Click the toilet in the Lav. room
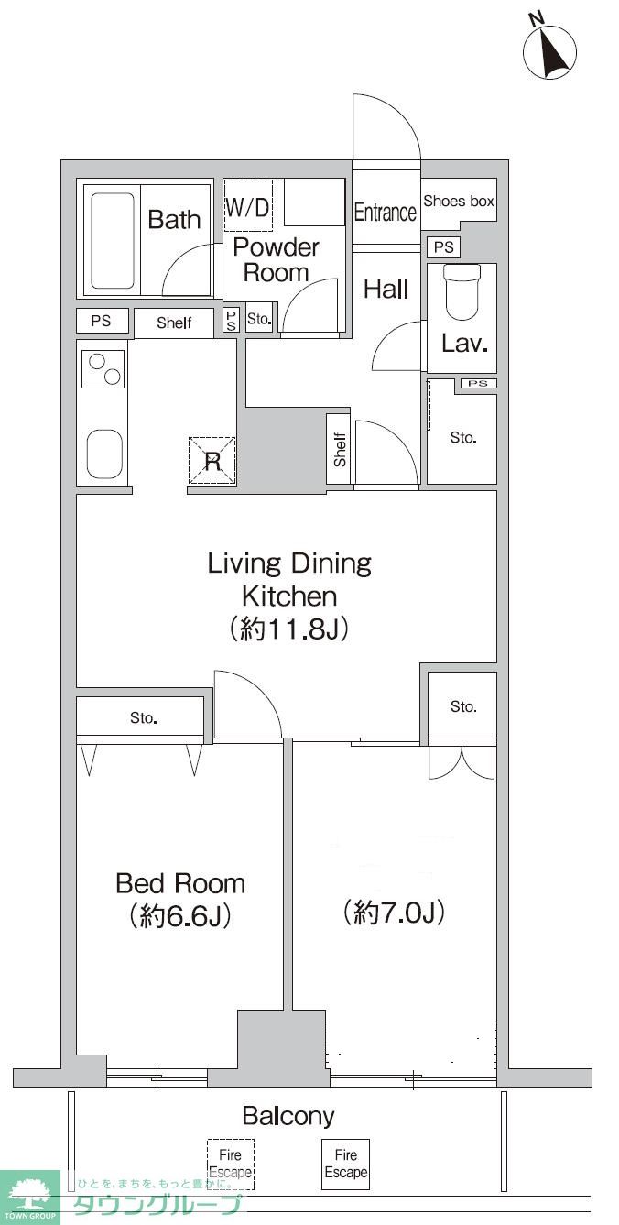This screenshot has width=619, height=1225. (x=462, y=293)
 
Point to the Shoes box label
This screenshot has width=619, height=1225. (x=459, y=202)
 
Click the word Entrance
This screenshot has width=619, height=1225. (x=386, y=213)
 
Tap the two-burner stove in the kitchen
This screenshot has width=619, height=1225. (x=103, y=369)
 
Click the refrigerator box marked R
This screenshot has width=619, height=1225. (x=212, y=461)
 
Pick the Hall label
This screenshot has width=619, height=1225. (x=386, y=289)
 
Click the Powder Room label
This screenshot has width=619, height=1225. (x=276, y=260)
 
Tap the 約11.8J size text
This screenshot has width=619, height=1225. (x=289, y=629)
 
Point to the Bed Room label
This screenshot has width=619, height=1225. (x=180, y=884)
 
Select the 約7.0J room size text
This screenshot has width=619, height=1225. (x=394, y=913)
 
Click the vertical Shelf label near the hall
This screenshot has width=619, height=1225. (x=340, y=450)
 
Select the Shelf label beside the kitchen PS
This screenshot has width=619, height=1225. (x=174, y=323)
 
